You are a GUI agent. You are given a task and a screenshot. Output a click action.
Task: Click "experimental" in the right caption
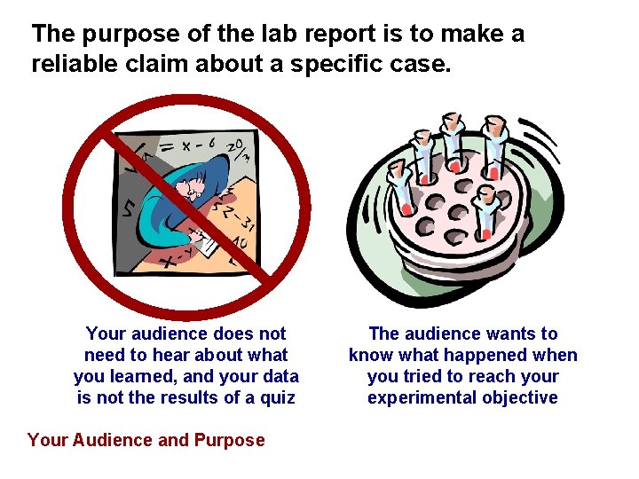click(x=417, y=397)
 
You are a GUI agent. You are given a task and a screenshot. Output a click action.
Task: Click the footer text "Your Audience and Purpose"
click(x=146, y=440)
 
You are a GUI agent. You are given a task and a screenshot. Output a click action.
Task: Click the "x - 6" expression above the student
click(x=196, y=143)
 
